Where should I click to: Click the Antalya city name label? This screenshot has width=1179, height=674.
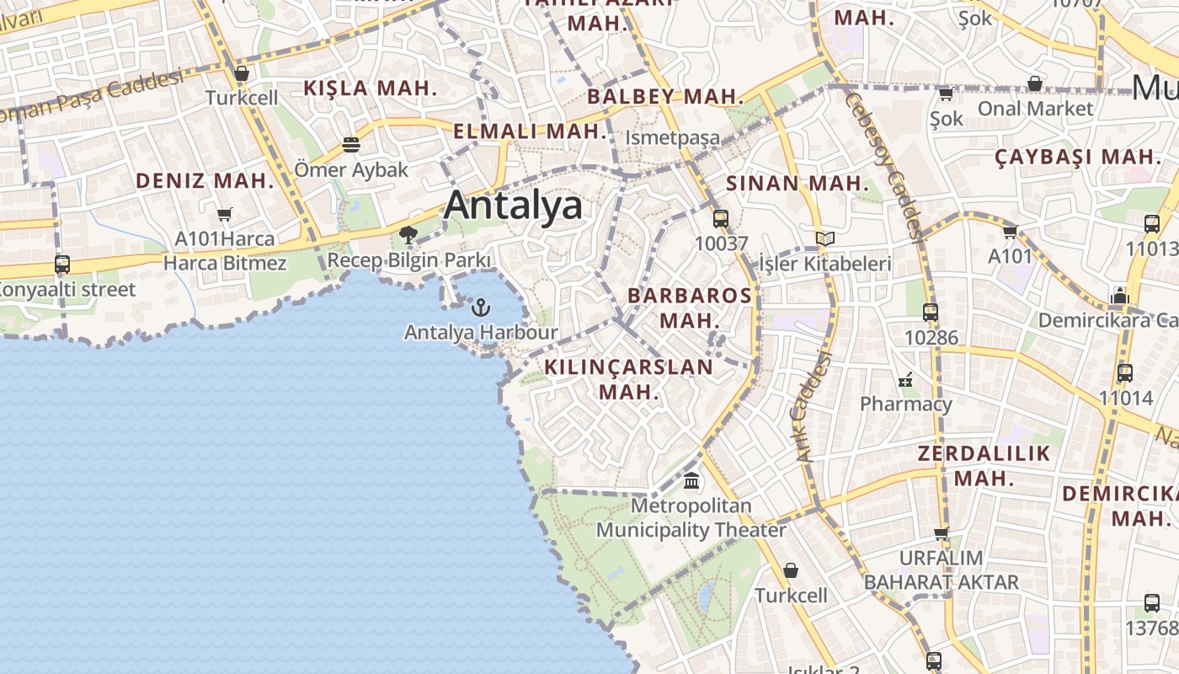pyautogui.click(x=513, y=205)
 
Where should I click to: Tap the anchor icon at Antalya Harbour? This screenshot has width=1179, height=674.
pyautogui.click(x=481, y=308)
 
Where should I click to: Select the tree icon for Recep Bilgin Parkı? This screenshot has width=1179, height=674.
pyautogui.click(x=408, y=234)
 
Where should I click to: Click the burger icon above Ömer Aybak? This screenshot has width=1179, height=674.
pyautogui.click(x=351, y=145)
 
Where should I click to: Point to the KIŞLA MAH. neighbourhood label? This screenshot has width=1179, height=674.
pyautogui.click(x=371, y=88)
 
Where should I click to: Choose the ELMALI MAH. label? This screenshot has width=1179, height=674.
pyautogui.click(x=530, y=131)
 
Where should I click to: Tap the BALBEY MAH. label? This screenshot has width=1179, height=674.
pyautogui.click(x=665, y=96)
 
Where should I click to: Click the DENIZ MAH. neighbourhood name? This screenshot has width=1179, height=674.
pyautogui.click(x=205, y=180)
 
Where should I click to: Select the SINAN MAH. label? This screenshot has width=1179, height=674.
pyautogui.click(x=797, y=183)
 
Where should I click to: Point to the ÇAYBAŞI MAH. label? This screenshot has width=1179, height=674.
pyautogui.click(x=1078, y=157)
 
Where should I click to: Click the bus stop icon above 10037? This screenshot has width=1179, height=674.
pyautogui.click(x=721, y=219)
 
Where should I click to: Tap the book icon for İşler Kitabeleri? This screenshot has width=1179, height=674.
pyautogui.click(x=824, y=239)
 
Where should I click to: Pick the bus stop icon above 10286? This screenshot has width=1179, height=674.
pyautogui.click(x=931, y=313)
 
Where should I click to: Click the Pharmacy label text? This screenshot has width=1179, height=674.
pyautogui.click(x=905, y=404)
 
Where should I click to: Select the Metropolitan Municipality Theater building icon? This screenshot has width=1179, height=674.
pyautogui.click(x=691, y=481)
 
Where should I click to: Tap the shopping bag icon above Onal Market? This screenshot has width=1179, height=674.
pyautogui.click(x=1035, y=83)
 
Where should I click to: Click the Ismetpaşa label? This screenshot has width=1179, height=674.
pyautogui.click(x=673, y=138)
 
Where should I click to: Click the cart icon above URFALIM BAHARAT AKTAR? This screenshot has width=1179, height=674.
pyautogui.click(x=941, y=532)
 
